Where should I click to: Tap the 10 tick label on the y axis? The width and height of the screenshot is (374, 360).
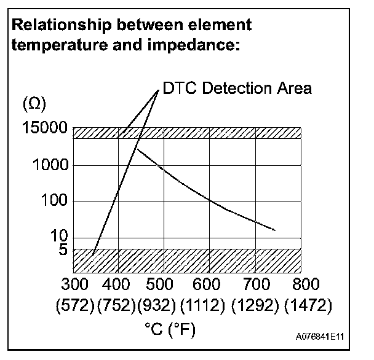coord(58,237)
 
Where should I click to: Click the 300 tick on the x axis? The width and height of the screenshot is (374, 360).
coord(75,284)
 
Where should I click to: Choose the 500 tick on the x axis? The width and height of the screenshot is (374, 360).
coord(164,284)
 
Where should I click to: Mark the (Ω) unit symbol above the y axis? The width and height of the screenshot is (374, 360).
coord(33,104)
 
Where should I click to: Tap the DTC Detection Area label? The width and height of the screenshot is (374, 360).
coord(237,88)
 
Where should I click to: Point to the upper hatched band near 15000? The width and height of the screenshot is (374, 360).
coord(187,133)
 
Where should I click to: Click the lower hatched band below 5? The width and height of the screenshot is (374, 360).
coord(187,260)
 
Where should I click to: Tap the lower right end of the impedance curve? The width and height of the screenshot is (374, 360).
coord(274,230)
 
